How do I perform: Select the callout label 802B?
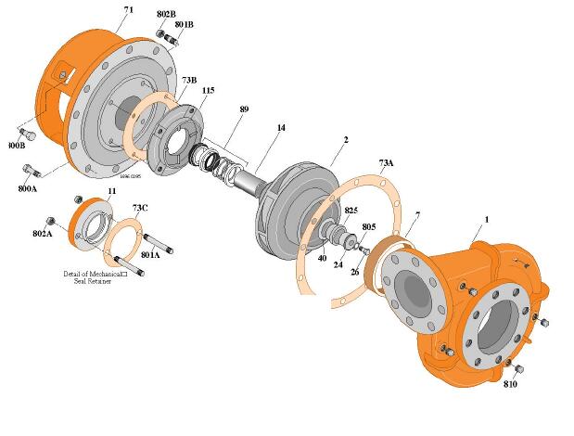click(166, 14)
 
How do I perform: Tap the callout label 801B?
click(184, 24)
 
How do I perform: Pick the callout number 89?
click(244, 109)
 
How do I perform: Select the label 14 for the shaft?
click(281, 127)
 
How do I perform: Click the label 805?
click(368, 226)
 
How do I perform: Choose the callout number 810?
click(510, 383)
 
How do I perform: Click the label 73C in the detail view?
click(140, 208)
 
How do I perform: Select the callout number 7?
click(417, 215)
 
